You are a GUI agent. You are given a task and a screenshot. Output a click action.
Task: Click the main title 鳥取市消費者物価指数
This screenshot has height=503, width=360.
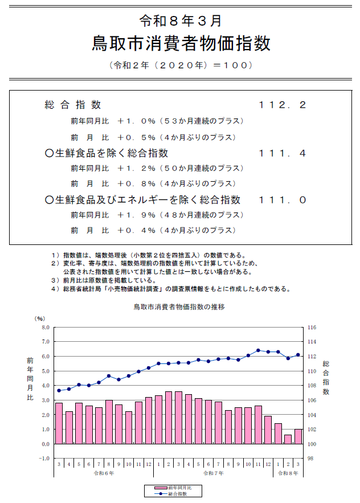click(181, 43)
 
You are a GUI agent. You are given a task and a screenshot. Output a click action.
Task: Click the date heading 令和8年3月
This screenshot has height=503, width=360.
click(181, 21)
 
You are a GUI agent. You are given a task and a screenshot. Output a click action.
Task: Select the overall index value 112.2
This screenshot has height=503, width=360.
click(283, 105)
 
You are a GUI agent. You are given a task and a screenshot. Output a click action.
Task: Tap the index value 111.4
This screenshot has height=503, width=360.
click(283, 153)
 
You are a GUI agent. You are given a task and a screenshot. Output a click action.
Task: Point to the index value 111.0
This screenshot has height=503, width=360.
click(283, 200)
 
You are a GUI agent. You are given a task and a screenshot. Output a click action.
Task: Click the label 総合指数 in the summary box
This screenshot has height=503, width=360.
click(73, 105)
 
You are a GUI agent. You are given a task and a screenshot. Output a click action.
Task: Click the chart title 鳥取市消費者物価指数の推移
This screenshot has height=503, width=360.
click(179, 306)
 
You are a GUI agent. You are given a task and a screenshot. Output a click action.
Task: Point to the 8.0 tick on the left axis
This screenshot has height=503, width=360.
click(44, 328)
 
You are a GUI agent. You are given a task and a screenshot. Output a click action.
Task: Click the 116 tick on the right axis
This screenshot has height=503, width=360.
click(312, 328)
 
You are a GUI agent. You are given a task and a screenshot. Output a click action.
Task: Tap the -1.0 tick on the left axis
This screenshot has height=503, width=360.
click(43, 459)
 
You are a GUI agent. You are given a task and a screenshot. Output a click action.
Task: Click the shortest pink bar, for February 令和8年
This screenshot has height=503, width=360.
click(288, 439)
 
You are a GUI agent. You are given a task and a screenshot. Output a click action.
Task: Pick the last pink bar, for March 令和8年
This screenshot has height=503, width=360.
click(298, 436)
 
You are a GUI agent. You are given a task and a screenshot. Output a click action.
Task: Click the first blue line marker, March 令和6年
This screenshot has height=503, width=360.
click(59, 390)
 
